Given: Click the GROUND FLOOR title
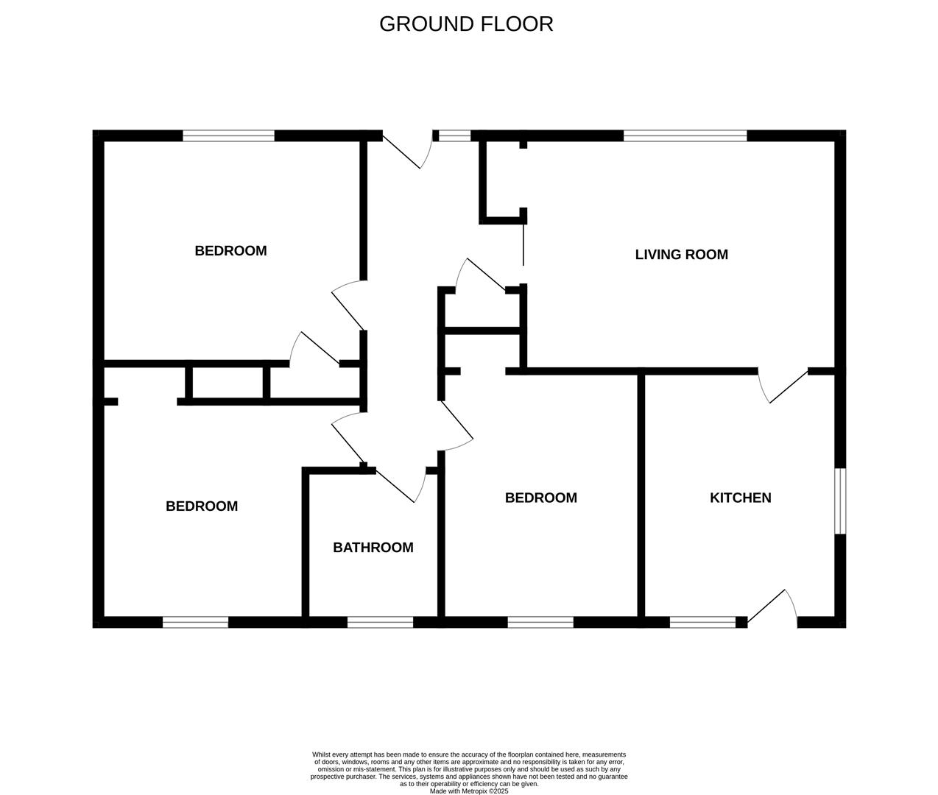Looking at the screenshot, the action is [x=466, y=24].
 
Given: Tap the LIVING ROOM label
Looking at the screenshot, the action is [x=681, y=255].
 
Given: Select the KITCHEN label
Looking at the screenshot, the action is [x=740, y=498].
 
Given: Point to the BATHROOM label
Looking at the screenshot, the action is [x=373, y=548].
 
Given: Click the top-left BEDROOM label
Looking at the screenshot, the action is [x=230, y=251].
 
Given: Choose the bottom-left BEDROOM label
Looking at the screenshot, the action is [x=202, y=506].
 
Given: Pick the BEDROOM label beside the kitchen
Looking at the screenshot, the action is [x=541, y=498].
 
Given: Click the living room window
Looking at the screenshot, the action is [x=685, y=135].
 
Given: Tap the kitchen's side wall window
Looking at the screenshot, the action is [x=840, y=501].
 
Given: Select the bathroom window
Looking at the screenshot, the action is [x=381, y=622].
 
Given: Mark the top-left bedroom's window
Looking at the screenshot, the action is [x=229, y=135].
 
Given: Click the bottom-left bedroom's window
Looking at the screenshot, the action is [x=195, y=622].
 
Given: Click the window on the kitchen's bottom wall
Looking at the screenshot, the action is [x=702, y=622].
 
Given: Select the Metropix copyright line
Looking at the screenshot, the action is [x=469, y=791].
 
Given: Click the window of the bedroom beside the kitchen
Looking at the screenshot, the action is [x=540, y=622].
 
